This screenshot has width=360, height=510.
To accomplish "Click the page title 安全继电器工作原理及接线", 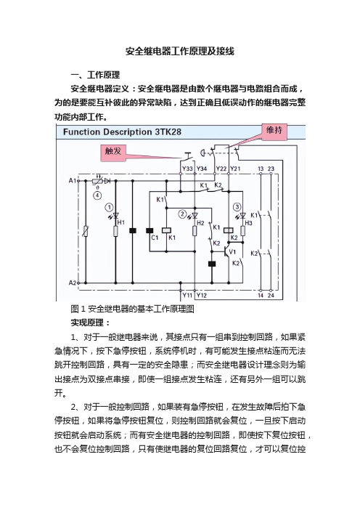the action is tap(180, 52).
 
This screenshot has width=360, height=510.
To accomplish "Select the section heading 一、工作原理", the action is tap(96, 75).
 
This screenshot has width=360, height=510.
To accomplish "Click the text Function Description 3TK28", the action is tap(122, 132).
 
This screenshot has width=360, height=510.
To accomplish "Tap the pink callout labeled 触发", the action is tap(113, 152).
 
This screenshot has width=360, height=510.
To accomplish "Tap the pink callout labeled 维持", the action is tap(274, 131).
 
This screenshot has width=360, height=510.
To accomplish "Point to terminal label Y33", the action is tap(187, 169).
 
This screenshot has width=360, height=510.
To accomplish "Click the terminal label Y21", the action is tap(235, 169).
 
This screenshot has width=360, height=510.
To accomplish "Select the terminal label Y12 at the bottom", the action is tap(202, 296).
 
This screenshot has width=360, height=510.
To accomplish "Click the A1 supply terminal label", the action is tap(72, 180).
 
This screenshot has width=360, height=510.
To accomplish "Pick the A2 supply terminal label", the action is tap(72, 283).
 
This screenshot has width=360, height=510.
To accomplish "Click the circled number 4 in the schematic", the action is tap(97, 196).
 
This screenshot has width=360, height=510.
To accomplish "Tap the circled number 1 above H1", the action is tap(109, 207).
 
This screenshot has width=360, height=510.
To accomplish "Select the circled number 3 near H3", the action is tap(237, 206).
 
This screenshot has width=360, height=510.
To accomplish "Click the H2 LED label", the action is tap(200, 223).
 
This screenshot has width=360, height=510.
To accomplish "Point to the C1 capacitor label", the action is tap(155, 238).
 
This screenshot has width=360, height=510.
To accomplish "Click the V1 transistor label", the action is tap(232, 252).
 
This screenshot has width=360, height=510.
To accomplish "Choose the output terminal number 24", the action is tap(271, 296).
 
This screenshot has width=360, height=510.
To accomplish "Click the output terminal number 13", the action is tap(261, 169).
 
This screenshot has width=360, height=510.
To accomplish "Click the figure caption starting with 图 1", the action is tap(132, 308).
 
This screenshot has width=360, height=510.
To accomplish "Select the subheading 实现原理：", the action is tap(91, 323).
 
